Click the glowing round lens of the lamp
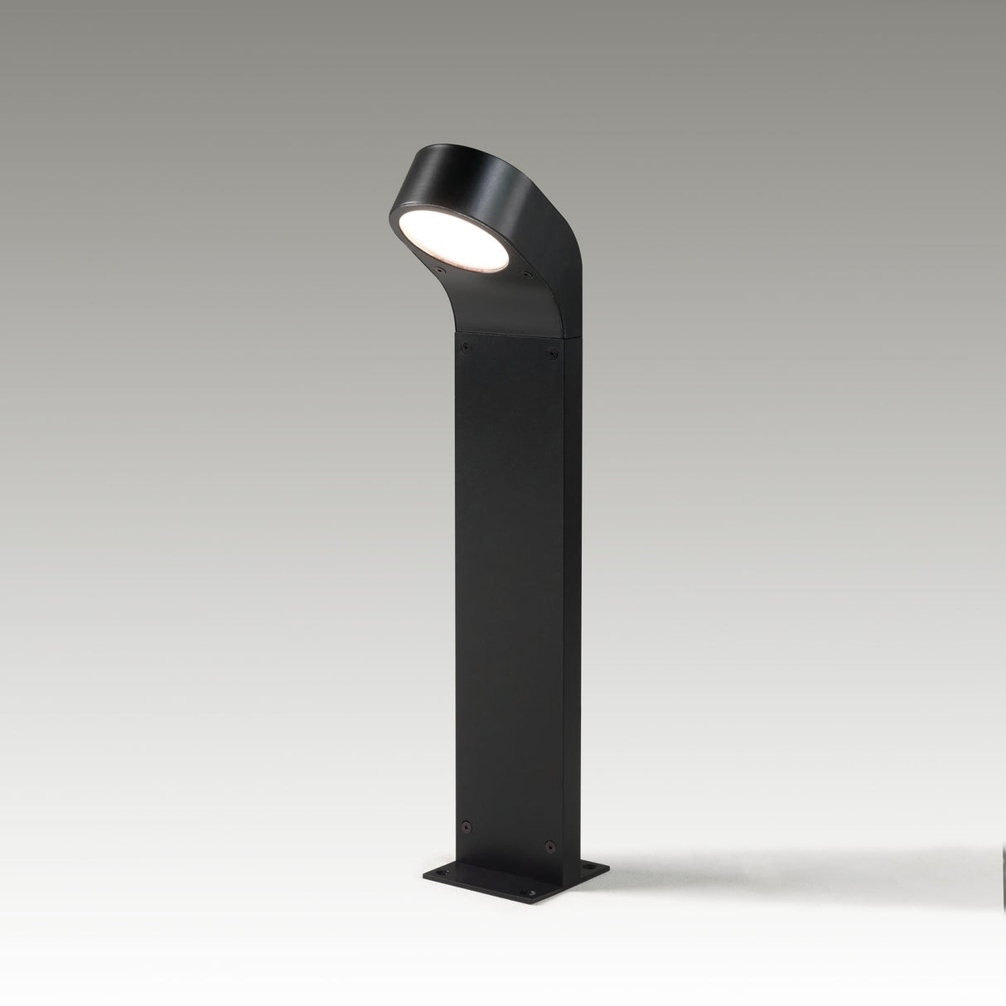tap(447, 239)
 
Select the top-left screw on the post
tap(465, 342)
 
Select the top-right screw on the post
tap(551, 355)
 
